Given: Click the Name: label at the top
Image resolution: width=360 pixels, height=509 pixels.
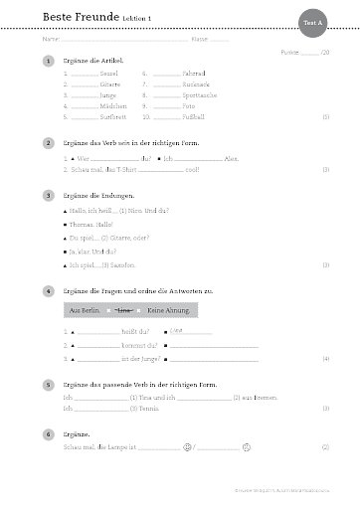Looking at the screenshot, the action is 199,40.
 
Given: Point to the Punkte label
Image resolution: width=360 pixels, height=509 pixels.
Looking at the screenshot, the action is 289,51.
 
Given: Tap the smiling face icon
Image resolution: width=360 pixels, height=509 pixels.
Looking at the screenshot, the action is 187,448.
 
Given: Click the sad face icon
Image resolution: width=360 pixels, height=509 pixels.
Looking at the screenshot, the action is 244,448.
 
